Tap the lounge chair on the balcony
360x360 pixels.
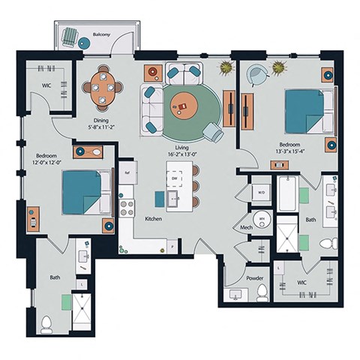[70, 37]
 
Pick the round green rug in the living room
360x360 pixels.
[184, 109]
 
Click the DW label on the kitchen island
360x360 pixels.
[173, 179]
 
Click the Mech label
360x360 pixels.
[246, 226]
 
